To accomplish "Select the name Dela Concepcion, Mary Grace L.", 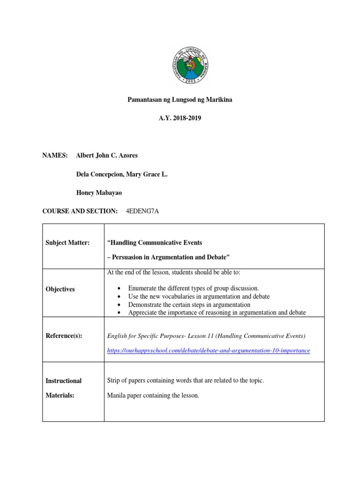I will click(121, 174).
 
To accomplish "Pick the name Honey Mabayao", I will click(99, 193).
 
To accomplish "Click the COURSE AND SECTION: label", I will click(80, 211).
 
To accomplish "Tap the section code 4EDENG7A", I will click(142, 211).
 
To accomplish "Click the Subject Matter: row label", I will click(67, 242).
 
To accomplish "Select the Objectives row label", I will click(60, 289).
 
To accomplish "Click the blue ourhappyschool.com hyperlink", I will click(209, 351).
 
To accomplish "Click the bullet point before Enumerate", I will click(121, 288).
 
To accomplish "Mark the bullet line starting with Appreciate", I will click(217, 312).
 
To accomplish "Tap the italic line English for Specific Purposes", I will click(206, 336).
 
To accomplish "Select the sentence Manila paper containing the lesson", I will click(153, 396).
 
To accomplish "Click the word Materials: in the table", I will click(60, 396).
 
